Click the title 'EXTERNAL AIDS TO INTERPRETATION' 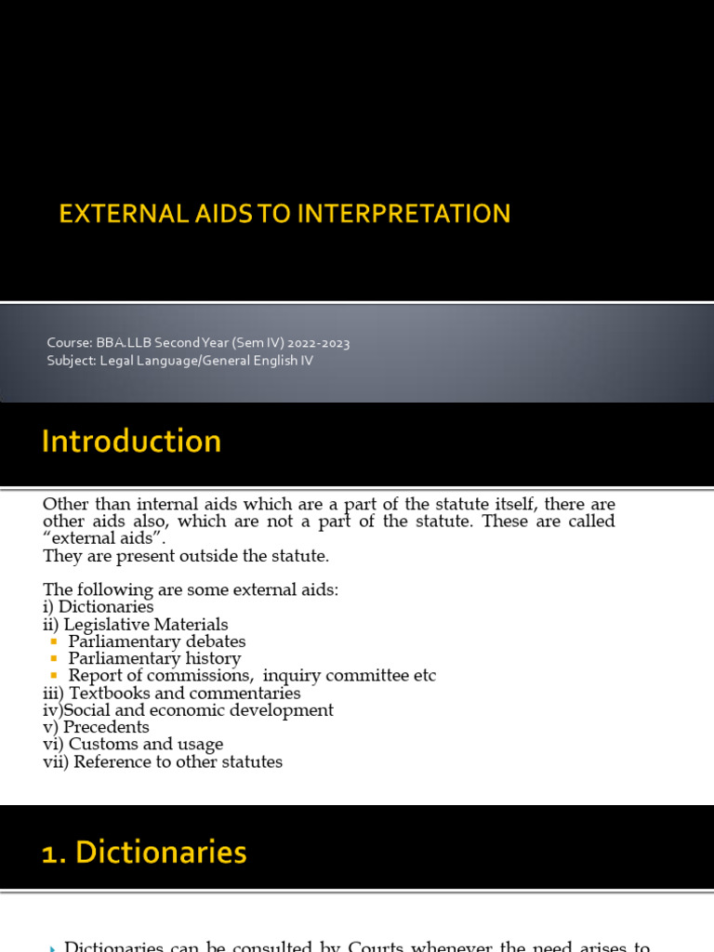click(284, 214)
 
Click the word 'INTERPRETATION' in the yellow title click(403, 214)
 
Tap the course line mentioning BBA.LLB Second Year click(198, 343)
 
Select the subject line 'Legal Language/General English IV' click(179, 360)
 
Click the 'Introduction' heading click(131, 441)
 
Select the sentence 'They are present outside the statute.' click(186, 557)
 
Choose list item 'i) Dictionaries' click(98, 607)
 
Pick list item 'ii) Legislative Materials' click(135, 625)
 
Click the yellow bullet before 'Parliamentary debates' click(54, 642)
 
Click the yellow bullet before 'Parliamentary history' click(54, 659)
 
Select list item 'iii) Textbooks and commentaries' click(171, 694)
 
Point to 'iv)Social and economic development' click(188, 710)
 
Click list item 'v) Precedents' click(96, 727)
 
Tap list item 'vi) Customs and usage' click(133, 745)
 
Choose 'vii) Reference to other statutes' click(163, 762)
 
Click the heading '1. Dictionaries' click(144, 853)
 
